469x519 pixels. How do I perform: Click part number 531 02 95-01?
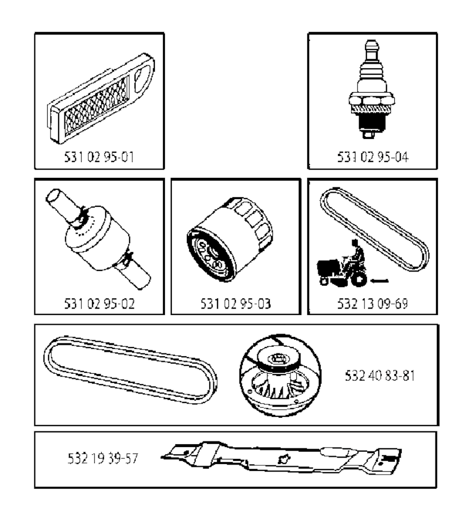[99, 157]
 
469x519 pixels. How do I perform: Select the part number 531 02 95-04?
[372, 157]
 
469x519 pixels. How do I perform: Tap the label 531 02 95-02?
[99, 304]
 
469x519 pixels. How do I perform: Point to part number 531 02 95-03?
[235, 304]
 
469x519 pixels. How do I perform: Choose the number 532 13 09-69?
[372, 304]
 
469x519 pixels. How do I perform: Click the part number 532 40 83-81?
[380, 376]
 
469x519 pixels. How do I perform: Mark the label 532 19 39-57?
[103, 458]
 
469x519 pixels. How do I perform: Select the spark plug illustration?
[371, 89]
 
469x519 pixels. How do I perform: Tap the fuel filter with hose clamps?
[98, 239]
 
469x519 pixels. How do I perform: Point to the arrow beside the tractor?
[379, 281]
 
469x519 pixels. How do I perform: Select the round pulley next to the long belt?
[280, 375]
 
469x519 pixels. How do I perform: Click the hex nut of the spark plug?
[371, 99]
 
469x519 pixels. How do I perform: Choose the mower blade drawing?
[281, 458]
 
